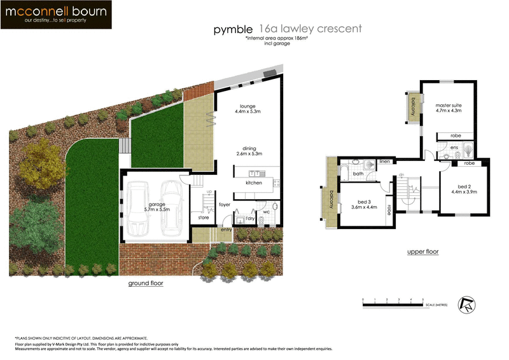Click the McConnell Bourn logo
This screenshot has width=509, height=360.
[x=57, y=15]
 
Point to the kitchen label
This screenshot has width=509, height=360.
[x=253, y=183]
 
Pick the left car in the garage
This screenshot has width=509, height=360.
[x=139, y=207]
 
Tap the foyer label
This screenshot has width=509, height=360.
[x=225, y=205]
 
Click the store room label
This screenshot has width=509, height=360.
[x=203, y=218]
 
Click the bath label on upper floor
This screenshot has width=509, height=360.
[x=358, y=173]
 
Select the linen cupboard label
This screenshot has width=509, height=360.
[x=384, y=162]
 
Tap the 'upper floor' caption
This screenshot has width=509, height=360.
[x=422, y=252]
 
